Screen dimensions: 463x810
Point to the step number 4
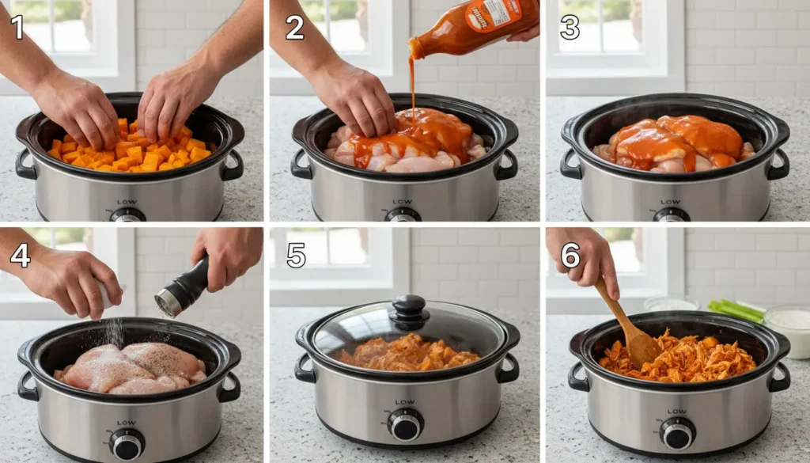[20, 255]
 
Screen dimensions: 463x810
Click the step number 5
[296, 255]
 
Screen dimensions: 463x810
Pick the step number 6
[570, 255]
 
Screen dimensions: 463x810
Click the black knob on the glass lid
[410, 309]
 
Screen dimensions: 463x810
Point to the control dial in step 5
[406, 426]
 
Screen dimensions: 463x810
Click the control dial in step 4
[127, 443]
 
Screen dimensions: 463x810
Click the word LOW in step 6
[677, 412]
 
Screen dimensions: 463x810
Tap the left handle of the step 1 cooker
[25, 164]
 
